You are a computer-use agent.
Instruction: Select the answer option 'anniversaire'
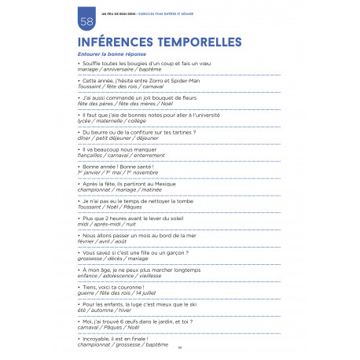pyautogui.click(x=114, y=69)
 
